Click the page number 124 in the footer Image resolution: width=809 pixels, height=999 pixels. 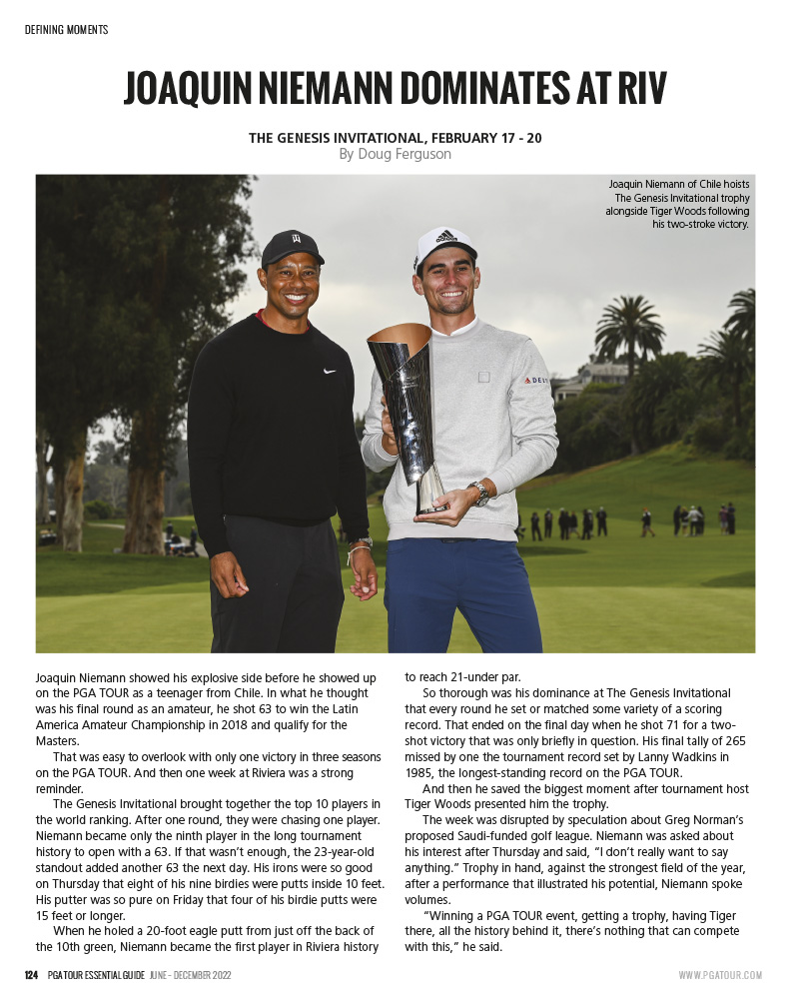(31, 974)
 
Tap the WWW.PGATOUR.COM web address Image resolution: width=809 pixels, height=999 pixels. (720, 975)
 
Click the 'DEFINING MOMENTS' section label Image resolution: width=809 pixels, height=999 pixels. (66, 30)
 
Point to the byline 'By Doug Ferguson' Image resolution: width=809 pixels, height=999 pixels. (395, 154)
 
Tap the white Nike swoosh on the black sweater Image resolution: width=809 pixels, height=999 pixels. (330, 371)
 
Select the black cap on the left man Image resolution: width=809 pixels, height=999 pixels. (292, 246)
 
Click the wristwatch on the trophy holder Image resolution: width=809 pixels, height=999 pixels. (479, 492)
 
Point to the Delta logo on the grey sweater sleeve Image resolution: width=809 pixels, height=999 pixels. (536, 381)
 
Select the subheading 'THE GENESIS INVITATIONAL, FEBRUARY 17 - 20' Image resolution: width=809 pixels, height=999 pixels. (395, 138)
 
